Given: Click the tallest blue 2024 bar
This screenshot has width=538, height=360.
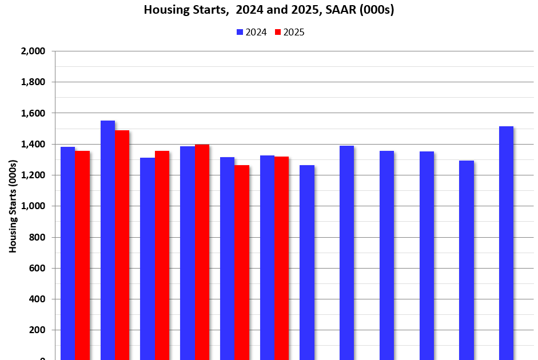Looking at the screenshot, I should tap(107, 240).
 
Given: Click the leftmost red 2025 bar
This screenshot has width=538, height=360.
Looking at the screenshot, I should tap(82, 255).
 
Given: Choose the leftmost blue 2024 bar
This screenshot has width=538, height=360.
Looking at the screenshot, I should tap(68, 253).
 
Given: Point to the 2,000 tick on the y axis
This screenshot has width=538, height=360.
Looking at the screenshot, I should tap(33, 51).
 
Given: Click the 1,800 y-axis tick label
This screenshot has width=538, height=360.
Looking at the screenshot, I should tap(33, 82).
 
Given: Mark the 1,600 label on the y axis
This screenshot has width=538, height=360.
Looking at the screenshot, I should tap(33, 113).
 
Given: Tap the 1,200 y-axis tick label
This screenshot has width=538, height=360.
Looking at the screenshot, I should tap(33, 175).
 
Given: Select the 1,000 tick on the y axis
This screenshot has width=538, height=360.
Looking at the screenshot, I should tap(33, 206).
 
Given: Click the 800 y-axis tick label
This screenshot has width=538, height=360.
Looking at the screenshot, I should tap(37, 237).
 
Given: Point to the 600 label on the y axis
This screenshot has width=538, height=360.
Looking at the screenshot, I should tap(37, 268).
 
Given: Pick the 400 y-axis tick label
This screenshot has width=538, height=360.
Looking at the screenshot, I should tap(37, 299).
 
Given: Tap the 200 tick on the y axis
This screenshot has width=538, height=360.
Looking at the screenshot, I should tap(37, 330).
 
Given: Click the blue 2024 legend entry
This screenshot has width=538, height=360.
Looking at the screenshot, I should tap(252, 32).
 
